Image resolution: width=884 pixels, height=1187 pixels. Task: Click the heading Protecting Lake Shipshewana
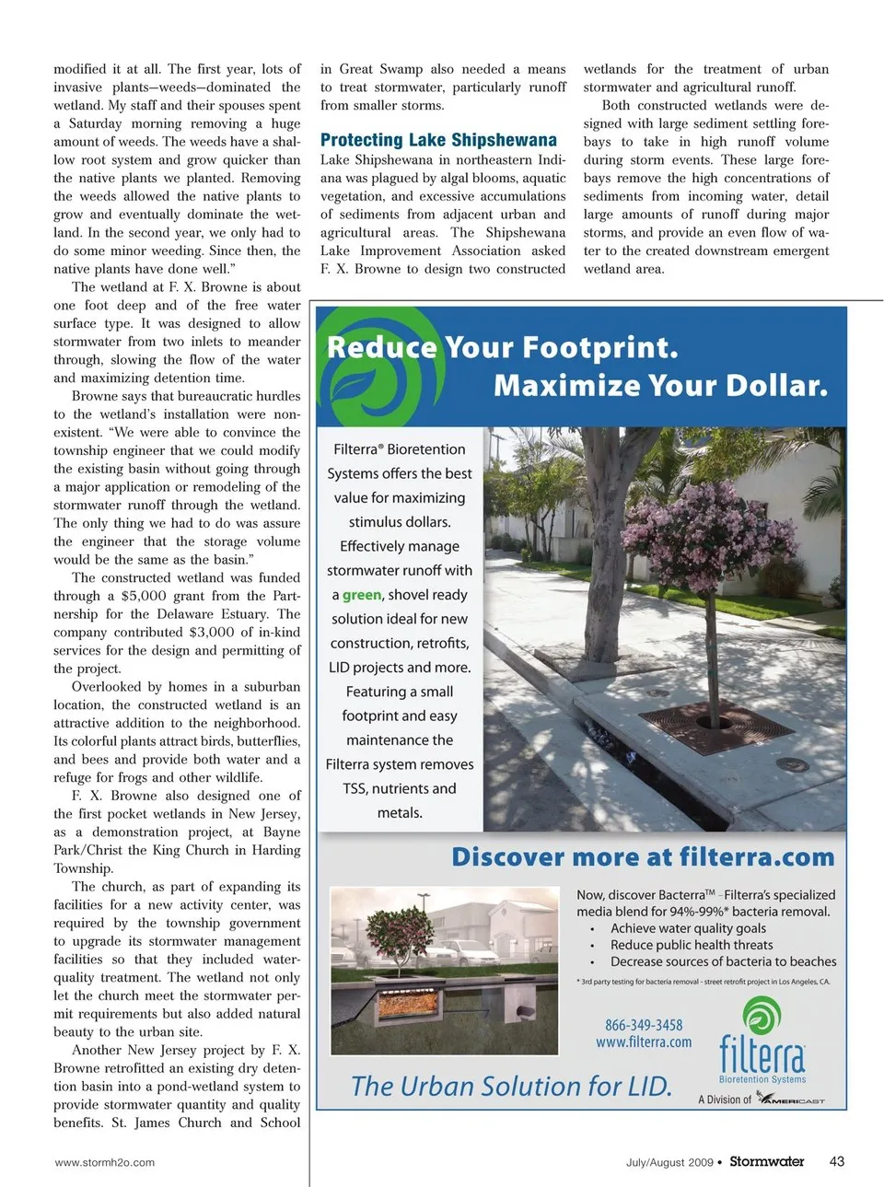[438, 140]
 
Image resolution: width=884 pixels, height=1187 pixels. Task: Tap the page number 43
[836, 1161]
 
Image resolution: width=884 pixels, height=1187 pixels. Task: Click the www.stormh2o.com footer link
[105, 1162]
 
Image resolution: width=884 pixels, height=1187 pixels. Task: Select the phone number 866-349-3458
[644, 1025]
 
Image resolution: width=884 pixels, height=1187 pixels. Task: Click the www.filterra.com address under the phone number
[644, 1042]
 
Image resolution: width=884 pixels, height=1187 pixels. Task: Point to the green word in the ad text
[361, 595]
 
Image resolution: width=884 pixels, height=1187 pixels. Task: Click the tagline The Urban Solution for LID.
[511, 1087]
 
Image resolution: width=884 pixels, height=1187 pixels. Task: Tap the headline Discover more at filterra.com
[643, 857]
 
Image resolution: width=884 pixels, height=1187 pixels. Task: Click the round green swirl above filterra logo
[762, 1016]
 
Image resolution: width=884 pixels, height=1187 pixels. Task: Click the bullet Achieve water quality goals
[688, 928]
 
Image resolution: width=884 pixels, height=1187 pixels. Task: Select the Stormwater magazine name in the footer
[766, 1161]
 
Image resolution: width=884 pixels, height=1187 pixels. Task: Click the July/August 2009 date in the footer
[669, 1162]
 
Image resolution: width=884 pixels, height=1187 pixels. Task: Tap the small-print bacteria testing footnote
[704, 982]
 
